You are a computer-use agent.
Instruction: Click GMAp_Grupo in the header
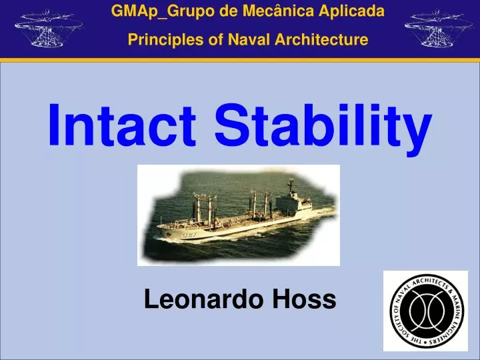[153, 11]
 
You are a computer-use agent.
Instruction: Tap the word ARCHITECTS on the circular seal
[431, 283]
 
